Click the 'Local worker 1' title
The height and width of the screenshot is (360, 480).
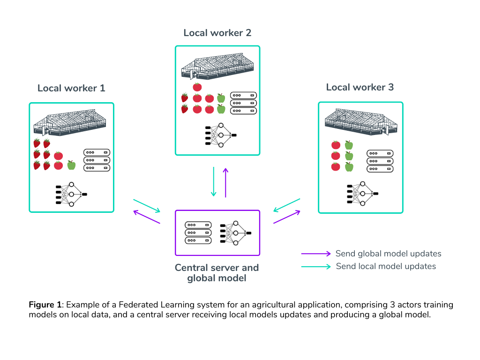pyautogui.click(x=71, y=88)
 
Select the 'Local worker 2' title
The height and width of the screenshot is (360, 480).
pyautogui.click(x=217, y=33)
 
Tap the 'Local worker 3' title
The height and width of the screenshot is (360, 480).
pyautogui.click(x=360, y=87)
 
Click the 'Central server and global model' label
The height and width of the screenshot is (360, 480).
pyautogui.click(x=217, y=273)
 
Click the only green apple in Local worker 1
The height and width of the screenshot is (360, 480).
pyautogui.click(x=71, y=165)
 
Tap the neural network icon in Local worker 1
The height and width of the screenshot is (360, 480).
pyautogui.click(x=71, y=194)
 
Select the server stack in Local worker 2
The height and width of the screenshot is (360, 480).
pyautogui.click(x=243, y=103)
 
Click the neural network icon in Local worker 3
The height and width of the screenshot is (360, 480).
pyautogui.click(x=363, y=194)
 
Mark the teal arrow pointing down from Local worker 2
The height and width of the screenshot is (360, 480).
pyautogui.click(x=214, y=182)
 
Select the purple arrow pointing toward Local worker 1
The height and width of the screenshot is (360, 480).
pyautogui.click(x=147, y=217)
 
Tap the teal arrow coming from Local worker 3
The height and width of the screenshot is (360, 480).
pyautogui.click(x=287, y=205)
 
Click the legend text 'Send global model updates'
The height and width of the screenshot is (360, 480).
pyautogui.click(x=388, y=254)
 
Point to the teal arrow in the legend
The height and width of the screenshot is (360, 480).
pyautogui.click(x=316, y=266)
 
